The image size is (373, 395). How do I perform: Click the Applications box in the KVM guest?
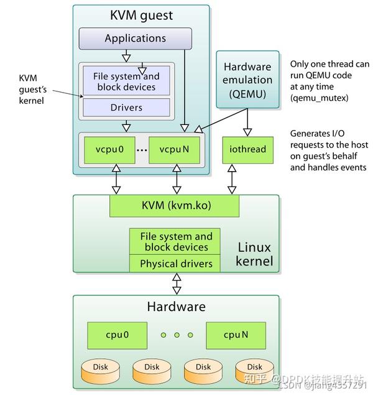point(136,39)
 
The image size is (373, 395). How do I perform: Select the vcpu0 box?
point(109,150)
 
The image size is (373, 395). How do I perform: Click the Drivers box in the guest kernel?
point(126,108)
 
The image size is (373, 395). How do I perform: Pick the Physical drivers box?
point(176,264)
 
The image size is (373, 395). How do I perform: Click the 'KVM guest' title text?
point(141,15)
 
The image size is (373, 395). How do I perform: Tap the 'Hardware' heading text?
point(176,307)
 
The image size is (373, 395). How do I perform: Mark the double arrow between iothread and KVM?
point(232,179)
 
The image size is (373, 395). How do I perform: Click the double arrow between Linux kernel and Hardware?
point(177,284)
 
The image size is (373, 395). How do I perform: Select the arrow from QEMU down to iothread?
point(247,122)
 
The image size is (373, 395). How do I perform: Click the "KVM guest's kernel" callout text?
point(32,89)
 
